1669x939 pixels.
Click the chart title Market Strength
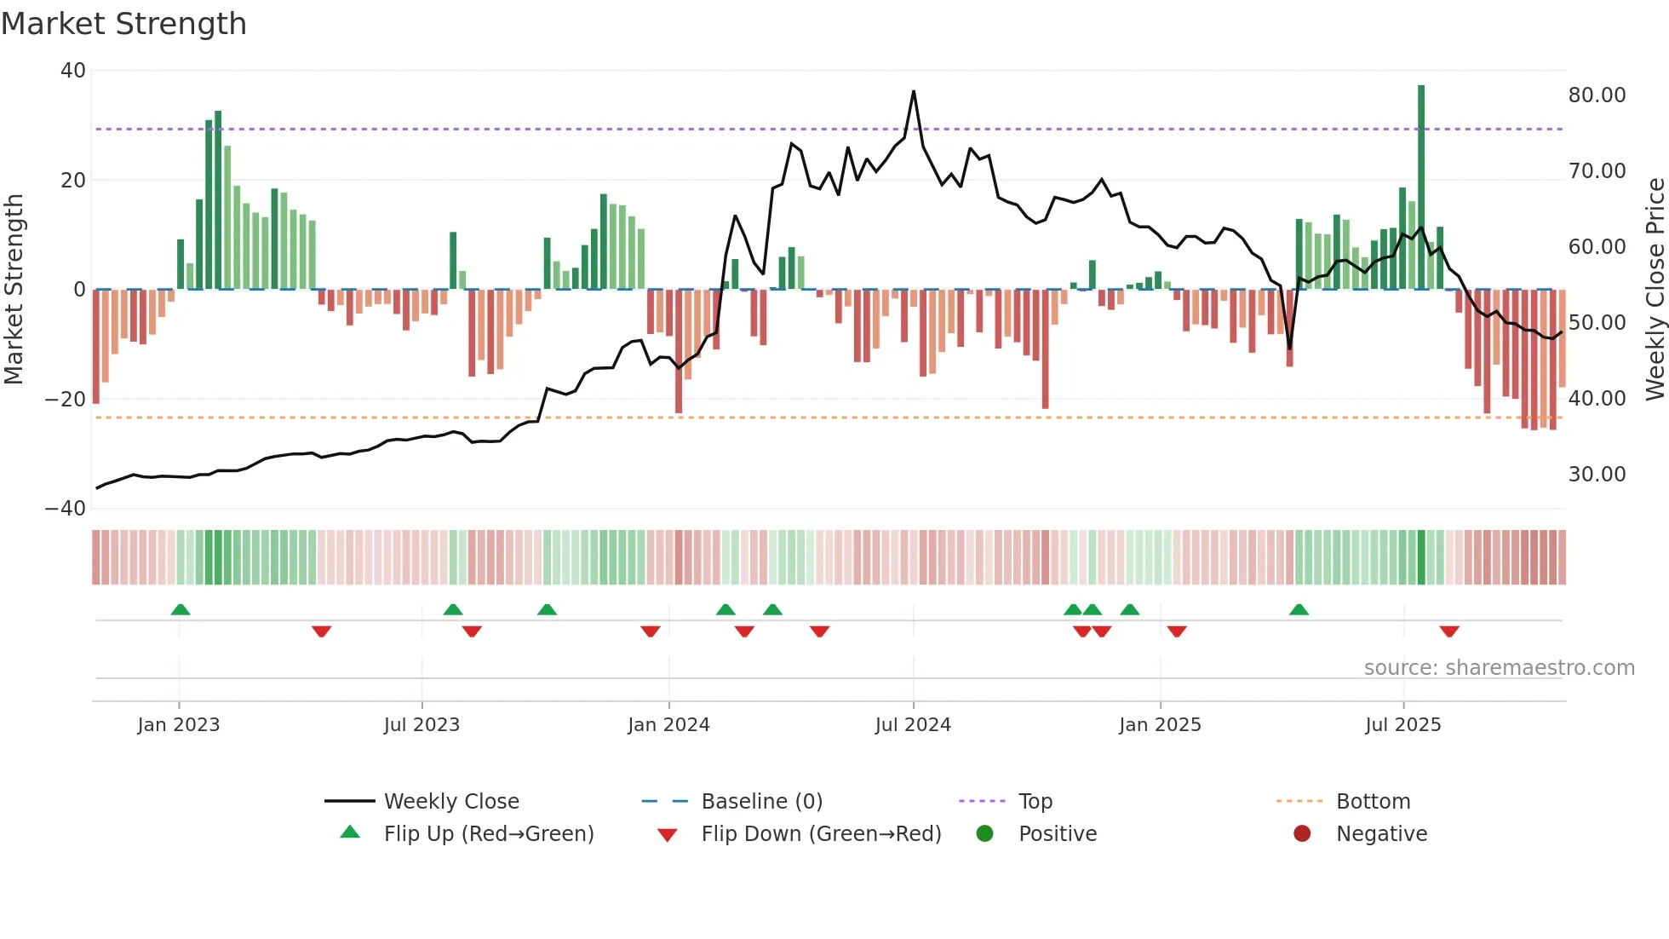123,24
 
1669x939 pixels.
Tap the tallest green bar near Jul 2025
1420,187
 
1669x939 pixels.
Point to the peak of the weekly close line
914,91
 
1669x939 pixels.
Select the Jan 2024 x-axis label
668,725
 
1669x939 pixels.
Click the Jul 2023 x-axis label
422,725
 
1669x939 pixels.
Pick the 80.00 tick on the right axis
1597,95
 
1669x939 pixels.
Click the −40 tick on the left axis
66,509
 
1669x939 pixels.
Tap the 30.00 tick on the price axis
1597,475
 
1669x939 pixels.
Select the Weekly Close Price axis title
1655,290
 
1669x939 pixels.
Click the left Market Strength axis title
14,290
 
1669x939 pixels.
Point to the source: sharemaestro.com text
1499,668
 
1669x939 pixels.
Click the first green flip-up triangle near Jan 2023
181,610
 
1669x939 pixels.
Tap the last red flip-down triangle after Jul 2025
1449,631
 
